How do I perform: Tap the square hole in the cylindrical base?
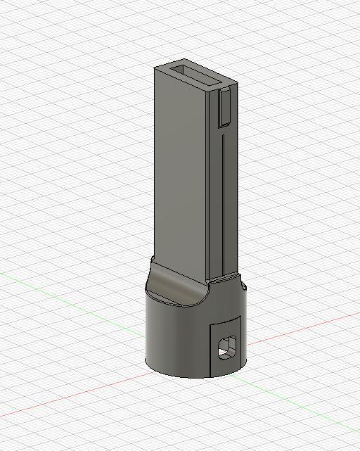click(227, 348)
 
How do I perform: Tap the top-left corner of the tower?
click(155, 68)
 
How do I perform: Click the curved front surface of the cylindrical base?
click(176, 338)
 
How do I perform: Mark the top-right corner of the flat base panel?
click(242, 316)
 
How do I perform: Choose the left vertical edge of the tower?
click(155, 162)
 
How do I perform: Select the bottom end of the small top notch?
click(224, 125)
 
